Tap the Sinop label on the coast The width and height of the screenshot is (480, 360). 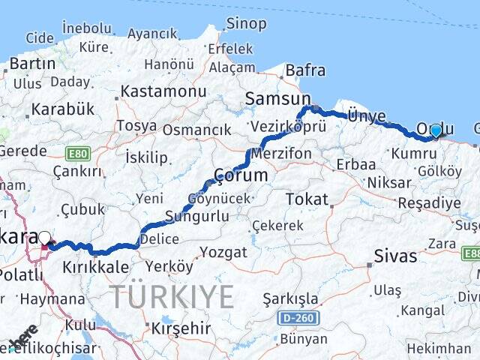click(x=246, y=24)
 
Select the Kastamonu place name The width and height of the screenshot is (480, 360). click(x=163, y=91)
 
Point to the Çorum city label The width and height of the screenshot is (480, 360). click(x=240, y=175)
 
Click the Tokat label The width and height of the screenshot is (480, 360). click(x=307, y=199)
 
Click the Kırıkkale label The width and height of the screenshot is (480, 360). click(x=91, y=267)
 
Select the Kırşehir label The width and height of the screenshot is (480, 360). click(x=181, y=328)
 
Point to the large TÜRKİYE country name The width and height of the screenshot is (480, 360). click(x=172, y=297)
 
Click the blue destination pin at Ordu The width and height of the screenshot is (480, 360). click(x=436, y=130)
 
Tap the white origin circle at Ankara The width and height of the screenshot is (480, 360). click(x=45, y=238)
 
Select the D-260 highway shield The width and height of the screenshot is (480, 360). click(x=298, y=318)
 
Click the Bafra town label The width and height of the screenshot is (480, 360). click(x=305, y=71)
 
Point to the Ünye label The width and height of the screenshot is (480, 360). click(x=367, y=115)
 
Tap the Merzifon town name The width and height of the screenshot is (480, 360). click(x=281, y=152)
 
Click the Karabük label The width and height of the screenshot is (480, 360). click(x=62, y=109)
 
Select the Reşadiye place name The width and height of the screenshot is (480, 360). click(x=428, y=203)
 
